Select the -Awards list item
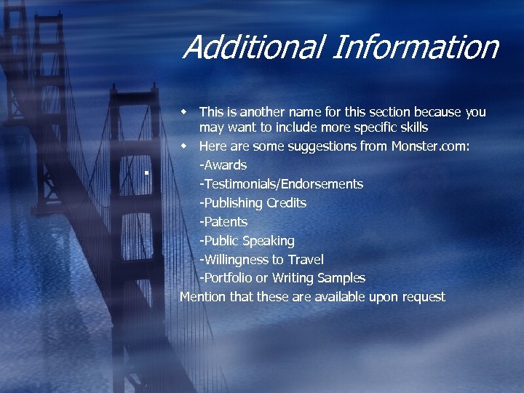click(223, 165)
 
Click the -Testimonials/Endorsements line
click(281, 184)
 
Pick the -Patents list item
click(223, 222)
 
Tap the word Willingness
click(239, 260)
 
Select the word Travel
click(306, 260)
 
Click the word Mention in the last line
click(202, 297)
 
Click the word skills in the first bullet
click(412, 128)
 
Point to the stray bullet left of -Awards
click(146, 173)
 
